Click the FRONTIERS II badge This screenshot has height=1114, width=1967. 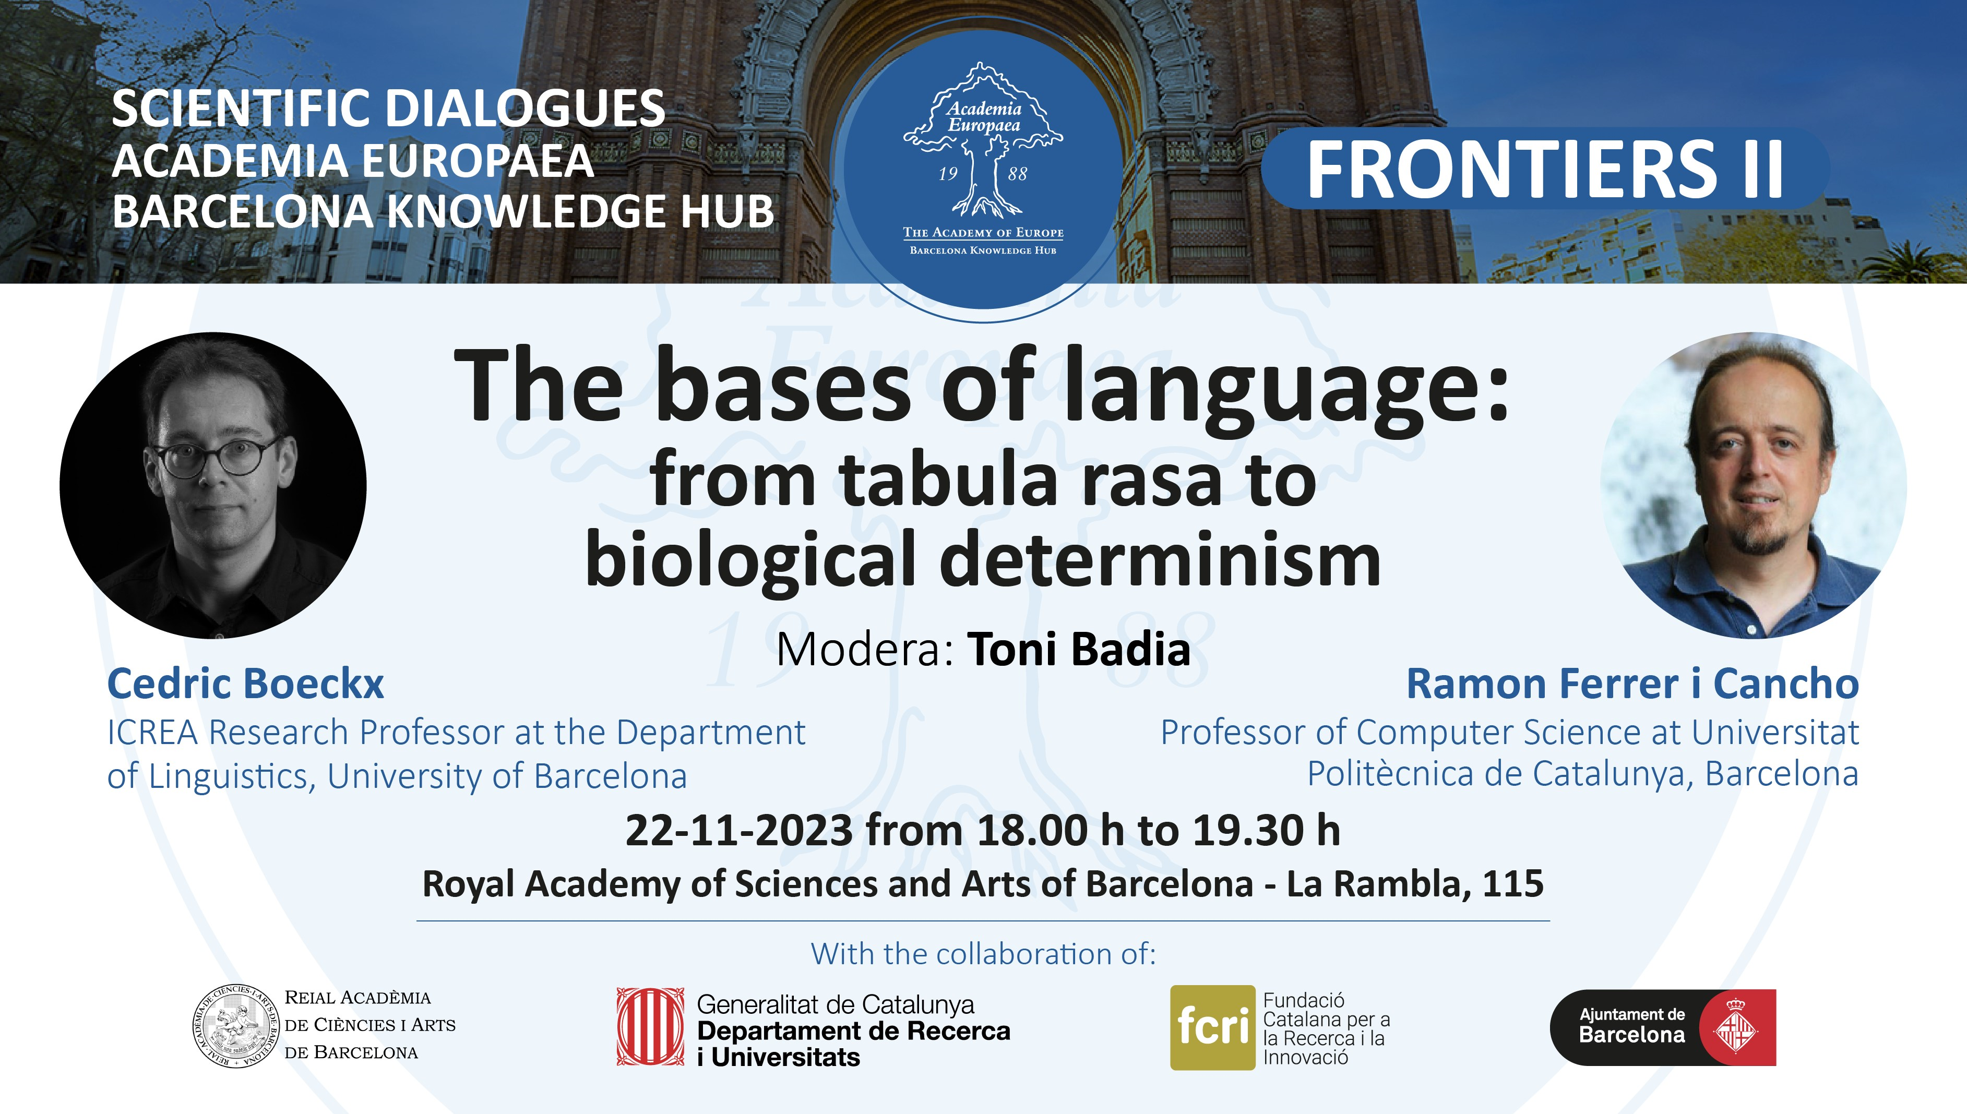click(x=1545, y=169)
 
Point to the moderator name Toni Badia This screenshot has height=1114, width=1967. click(x=1079, y=650)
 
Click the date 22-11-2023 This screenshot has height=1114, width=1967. click(x=739, y=831)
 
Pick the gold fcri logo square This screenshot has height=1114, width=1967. click(x=1213, y=1027)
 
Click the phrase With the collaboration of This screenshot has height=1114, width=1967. click(x=983, y=955)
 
